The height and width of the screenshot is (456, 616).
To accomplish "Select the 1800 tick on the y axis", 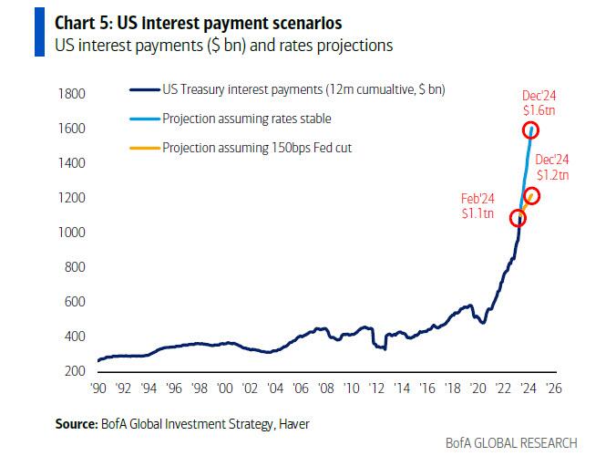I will tap(73, 94).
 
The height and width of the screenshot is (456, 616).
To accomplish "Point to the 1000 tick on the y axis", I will tap(73, 233).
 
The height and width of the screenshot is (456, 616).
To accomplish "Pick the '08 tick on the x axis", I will tap(323, 387).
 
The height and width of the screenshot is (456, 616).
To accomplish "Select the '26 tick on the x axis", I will tap(551, 387).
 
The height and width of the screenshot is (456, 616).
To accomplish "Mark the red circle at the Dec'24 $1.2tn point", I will tap(532, 196).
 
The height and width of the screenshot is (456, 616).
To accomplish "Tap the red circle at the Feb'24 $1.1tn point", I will tap(518, 218).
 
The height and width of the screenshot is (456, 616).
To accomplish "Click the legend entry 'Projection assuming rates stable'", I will tap(246, 118).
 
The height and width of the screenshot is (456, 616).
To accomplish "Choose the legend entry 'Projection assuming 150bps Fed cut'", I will tap(257, 147).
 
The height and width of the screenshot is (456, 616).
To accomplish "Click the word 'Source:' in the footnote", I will tap(74, 423).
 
